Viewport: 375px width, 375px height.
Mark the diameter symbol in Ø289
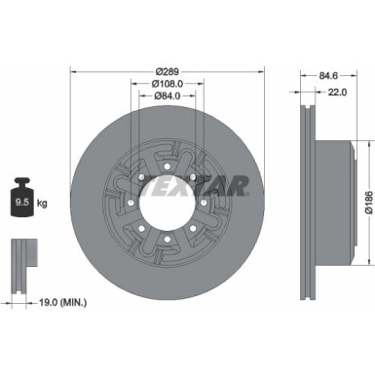(x=156, y=70)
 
